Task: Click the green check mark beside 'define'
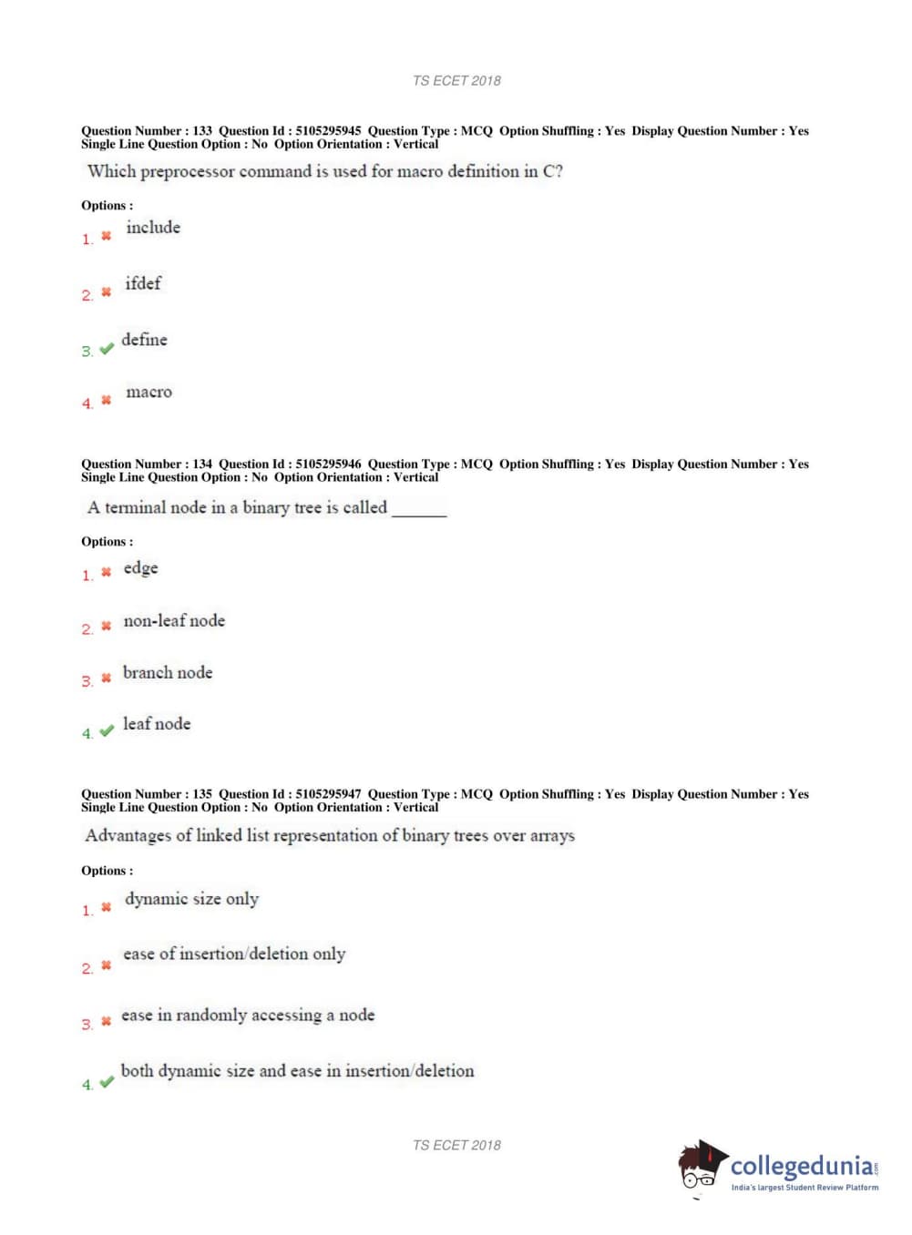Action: point(107,349)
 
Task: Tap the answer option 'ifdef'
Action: point(143,284)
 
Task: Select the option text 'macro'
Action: point(149,393)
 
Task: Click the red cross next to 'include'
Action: point(106,236)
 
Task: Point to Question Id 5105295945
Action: point(327,131)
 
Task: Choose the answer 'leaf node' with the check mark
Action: point(157,724)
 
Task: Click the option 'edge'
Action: point(140,568)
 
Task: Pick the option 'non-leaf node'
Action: point(174,621)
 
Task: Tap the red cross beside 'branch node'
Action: point(106,679)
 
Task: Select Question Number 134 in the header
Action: point(202,464)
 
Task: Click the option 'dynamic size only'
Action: point(191,899)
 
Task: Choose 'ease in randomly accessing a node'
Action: point(248,1016)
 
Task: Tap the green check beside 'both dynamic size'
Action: point(107,1082)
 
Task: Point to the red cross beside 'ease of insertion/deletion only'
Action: point(106,965)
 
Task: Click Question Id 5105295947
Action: point(327,794)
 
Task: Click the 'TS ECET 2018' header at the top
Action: point(456,81)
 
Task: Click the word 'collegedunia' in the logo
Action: point(802,1166)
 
